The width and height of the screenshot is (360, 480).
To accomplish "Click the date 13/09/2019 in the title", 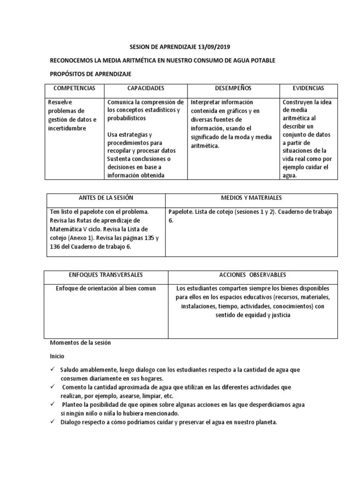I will [214, 47].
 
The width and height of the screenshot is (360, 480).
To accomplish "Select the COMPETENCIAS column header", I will [75, 88].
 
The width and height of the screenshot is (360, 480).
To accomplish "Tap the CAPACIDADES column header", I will [145, 88].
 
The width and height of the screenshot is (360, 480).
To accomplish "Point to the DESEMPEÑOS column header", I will [233, 88].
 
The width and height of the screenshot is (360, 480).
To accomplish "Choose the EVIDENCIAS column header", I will [308, 88].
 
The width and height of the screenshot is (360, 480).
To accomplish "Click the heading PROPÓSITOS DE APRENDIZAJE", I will [90, 74].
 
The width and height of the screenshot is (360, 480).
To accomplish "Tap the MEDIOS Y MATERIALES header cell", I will [251, 198].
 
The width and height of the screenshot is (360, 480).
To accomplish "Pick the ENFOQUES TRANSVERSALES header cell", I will [106, 274].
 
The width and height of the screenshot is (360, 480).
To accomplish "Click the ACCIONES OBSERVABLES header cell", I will [253, 274].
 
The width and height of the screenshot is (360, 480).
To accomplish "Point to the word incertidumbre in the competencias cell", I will [67, 128].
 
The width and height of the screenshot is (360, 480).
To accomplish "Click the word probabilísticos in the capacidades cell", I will [127, 119].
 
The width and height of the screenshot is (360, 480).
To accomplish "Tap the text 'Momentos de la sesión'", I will [80, 343].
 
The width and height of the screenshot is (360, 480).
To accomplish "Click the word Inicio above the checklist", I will [57, 356].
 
